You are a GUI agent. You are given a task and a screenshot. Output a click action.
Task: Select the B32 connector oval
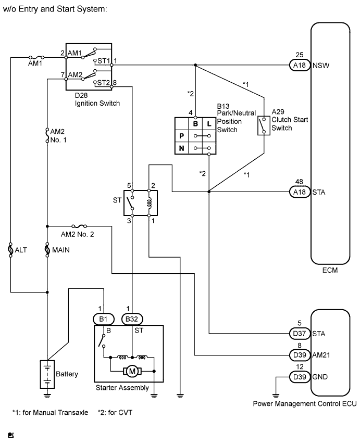(x=132, y=319)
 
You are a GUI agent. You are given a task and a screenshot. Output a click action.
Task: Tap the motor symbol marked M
(x=132, y=372)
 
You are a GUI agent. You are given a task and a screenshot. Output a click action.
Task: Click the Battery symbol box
(x=47, y=374)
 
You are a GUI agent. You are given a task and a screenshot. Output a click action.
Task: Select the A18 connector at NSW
(x=299, y=66)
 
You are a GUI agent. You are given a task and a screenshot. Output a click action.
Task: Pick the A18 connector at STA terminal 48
(x=299, y=192)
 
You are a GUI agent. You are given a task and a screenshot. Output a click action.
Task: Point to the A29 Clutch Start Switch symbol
(x=264, y=125)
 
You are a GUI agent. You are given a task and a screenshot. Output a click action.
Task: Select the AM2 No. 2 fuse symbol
(x=78, y=226)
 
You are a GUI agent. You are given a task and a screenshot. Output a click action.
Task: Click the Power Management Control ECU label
(x=304, y=403)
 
